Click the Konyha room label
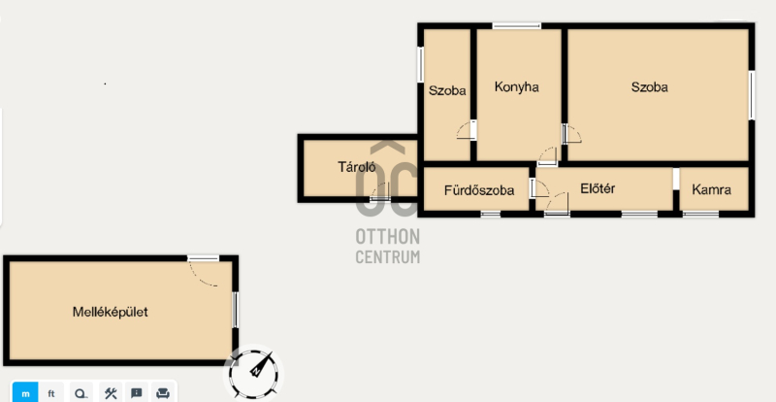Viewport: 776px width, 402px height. click(x=517, y=87)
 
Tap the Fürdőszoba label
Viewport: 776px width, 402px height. click(x=478, y=190)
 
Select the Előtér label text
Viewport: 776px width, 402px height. click(x=598, y=188)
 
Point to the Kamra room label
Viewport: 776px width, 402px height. click(x=711, y=189)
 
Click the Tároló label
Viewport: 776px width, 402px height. click(x=357, y=167)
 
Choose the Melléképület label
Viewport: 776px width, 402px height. click(x=110, y=313)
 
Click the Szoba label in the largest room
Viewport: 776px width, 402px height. click(x=649, y=87)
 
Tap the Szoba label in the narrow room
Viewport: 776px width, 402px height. click(x=447, y=90)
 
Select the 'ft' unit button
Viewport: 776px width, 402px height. click(x=51, y=394)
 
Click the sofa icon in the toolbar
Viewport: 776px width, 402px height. click(x=163, y=393)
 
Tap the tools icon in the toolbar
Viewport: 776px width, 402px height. click(x=111, y=393)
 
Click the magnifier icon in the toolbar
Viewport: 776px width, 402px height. click(x=81, y=394)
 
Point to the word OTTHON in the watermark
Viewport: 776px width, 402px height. click(x=387, y=237)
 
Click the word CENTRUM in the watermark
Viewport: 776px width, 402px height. click(x=387, y=256)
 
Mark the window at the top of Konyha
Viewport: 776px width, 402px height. click(x=517, y=26)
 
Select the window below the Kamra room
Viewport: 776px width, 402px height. click(x=700, y=215)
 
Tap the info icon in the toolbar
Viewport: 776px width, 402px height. click(x=137, y=393)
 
